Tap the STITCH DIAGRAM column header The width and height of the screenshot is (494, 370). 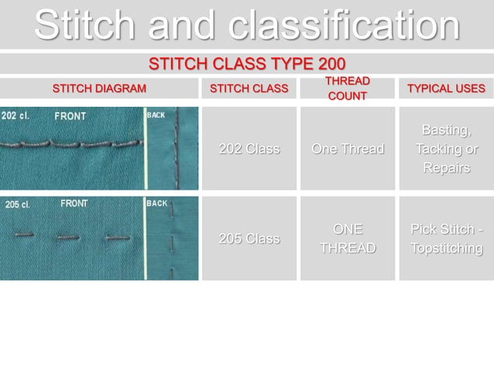[98, 88]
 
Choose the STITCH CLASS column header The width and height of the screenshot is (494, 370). [249, 88]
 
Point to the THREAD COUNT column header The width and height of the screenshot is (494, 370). [348, 88]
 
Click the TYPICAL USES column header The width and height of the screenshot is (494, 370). [446, 88]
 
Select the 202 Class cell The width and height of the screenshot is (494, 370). [249, 149]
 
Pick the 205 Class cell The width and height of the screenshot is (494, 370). [249, 238]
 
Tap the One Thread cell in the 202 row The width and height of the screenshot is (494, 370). [348, 149]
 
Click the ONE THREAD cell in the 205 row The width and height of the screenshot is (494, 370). [348, 238]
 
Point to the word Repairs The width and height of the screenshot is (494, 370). [446, 169]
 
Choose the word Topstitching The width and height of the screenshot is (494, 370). [446, 248]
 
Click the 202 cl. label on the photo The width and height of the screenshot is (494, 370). [15, 116]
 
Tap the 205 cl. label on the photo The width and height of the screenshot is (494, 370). [17, 204]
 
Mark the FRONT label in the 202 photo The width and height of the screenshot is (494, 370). [70, 116]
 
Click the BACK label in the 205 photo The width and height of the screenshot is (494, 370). [157, 204]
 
